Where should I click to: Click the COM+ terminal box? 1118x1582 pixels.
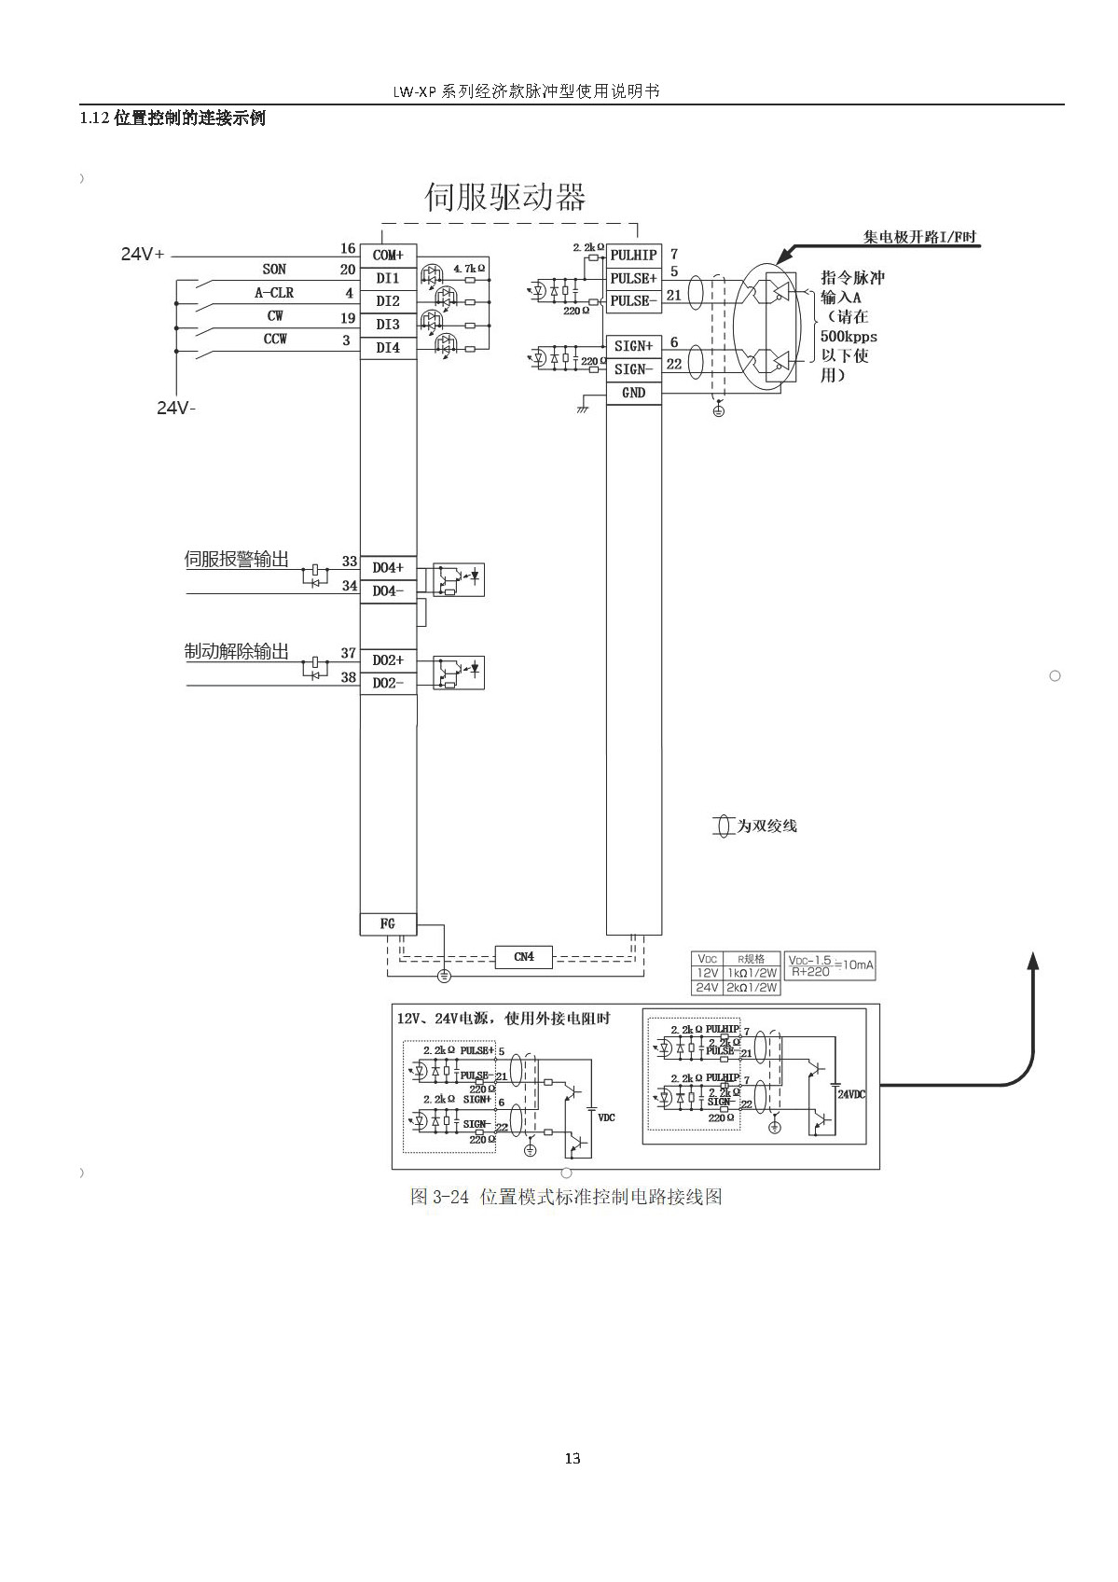click(388, 255)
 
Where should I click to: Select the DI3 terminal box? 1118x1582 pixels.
click(388, 325)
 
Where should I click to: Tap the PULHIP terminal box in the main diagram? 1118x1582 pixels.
click(634, 255)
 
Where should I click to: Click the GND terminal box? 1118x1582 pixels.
click(634, 393)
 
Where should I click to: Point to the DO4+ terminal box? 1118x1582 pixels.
click(388, 567)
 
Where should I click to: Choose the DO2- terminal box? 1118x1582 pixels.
click(388, 683)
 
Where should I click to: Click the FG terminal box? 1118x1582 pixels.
click(388, 923)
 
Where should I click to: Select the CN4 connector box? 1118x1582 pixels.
click(524, 957)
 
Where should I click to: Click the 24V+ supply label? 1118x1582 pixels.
click(143, 254)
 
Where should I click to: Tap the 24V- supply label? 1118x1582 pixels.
click(176, 408)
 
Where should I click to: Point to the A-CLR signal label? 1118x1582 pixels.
click(274, 293)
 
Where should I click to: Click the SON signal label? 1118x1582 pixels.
click(274, 270)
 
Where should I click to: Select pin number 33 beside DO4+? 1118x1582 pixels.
click(349, 562)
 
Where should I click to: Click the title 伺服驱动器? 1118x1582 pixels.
click(505, 198)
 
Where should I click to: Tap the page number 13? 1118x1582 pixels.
click(573, 1459)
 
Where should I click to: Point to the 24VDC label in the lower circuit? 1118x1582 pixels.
click(851, 1094)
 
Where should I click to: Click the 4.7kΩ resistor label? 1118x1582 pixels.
click(469, 269)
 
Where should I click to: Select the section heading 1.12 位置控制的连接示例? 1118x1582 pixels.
click(173, 118)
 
